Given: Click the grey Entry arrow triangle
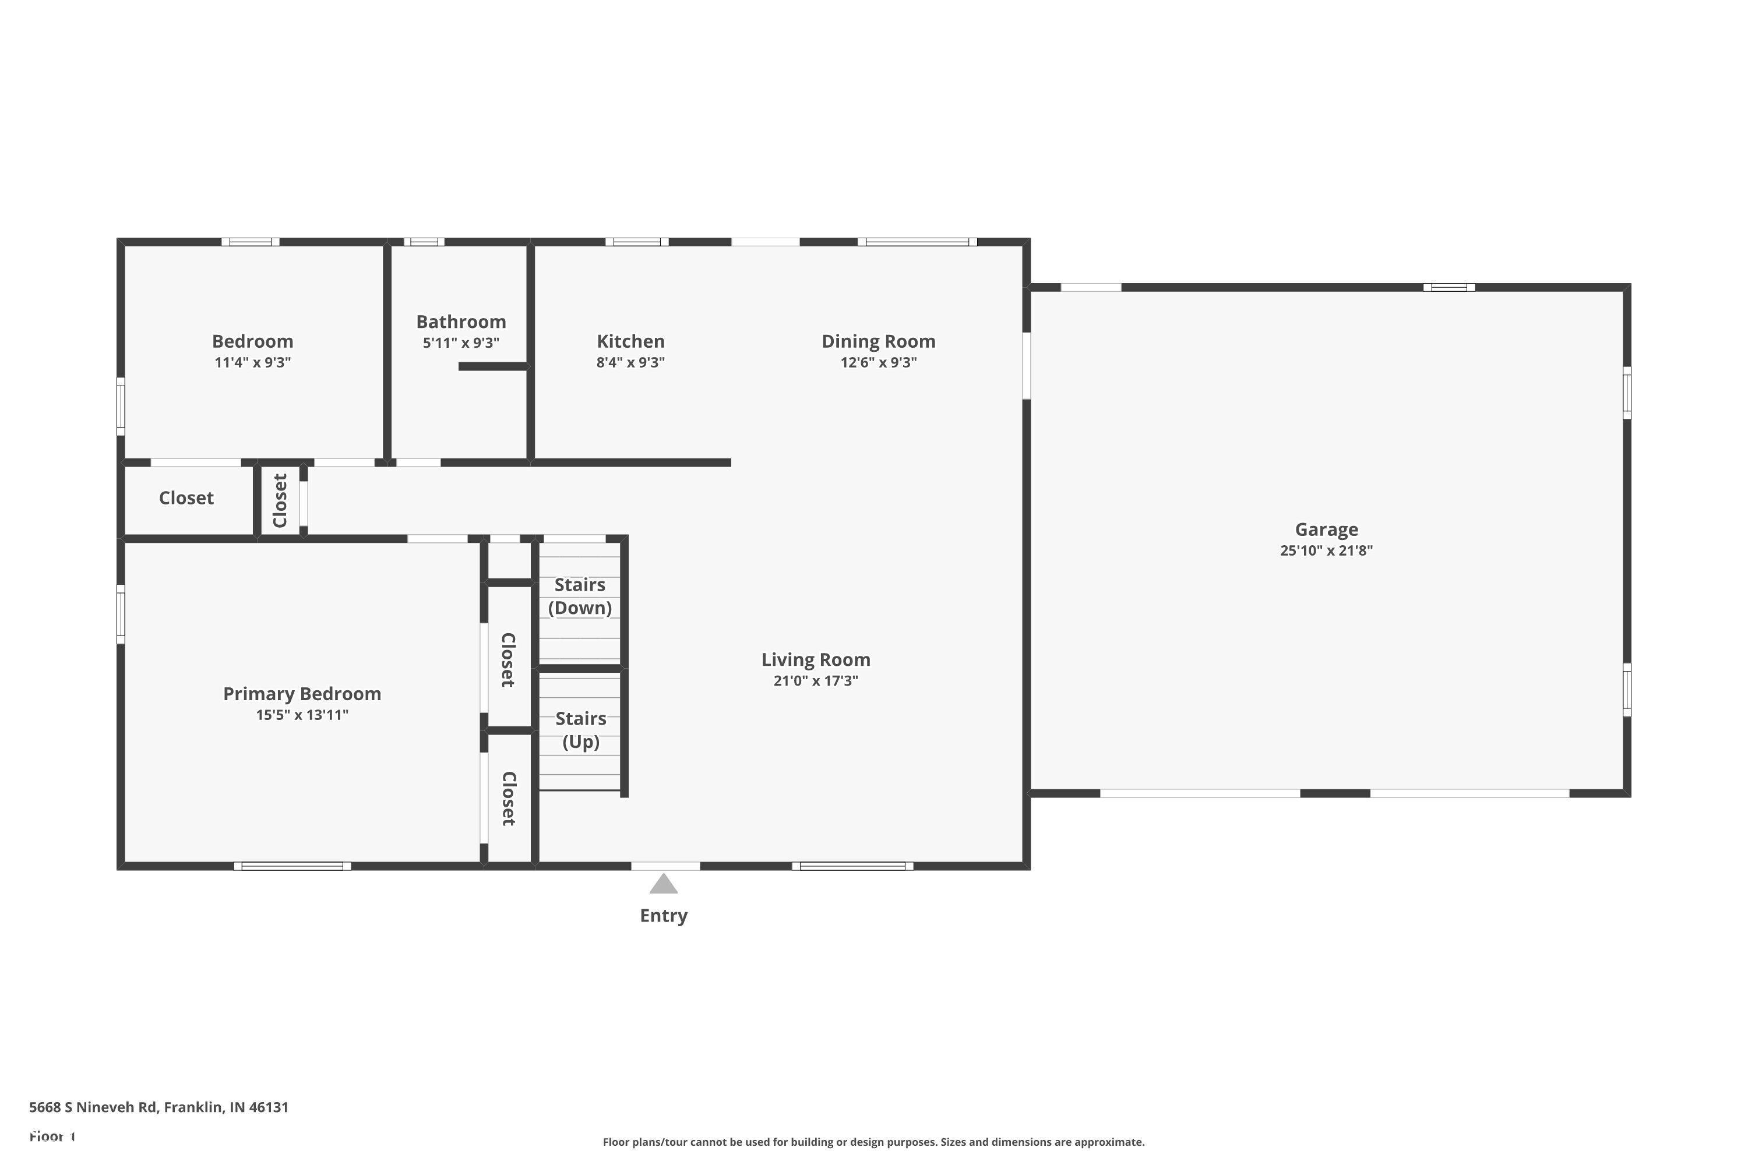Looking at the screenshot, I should coord(663,885).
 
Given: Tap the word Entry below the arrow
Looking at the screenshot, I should coord(663,915).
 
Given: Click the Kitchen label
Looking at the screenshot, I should coord(630,342).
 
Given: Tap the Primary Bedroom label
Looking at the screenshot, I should coord(302,694).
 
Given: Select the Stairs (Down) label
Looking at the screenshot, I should coord(580,596).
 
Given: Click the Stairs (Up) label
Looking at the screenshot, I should coord(580,730).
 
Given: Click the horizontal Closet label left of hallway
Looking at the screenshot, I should coord(186,498).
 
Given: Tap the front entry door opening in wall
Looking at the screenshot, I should coord(665,866).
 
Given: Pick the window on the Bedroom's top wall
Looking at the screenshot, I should coord(251,242).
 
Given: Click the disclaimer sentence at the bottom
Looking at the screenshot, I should coord(873,1142).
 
